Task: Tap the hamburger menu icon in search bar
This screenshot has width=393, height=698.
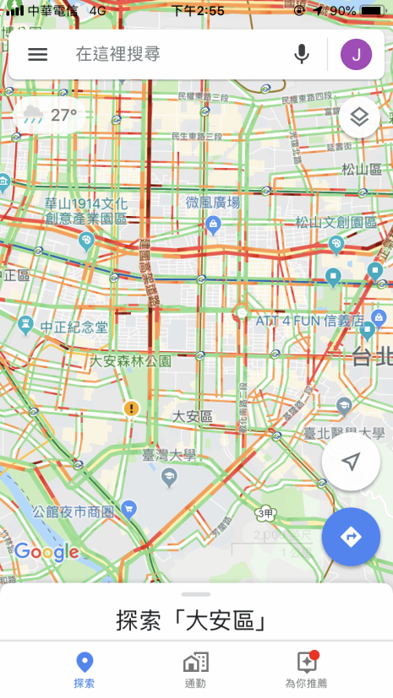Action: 38,54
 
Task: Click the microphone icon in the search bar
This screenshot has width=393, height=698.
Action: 302,55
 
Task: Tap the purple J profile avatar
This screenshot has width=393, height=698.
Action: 356,55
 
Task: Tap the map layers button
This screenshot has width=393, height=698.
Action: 359,117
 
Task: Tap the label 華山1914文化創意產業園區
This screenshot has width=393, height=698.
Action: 85,211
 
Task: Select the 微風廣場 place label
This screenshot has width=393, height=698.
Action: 213,203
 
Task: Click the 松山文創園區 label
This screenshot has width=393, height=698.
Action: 335,223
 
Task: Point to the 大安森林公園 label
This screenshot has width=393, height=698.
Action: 131,360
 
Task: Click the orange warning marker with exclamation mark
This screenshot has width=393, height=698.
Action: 130,409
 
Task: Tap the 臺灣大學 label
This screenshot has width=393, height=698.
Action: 168,456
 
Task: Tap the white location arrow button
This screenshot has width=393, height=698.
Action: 351,462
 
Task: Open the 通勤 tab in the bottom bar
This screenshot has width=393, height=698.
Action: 195,671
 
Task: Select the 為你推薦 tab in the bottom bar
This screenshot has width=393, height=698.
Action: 306,671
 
